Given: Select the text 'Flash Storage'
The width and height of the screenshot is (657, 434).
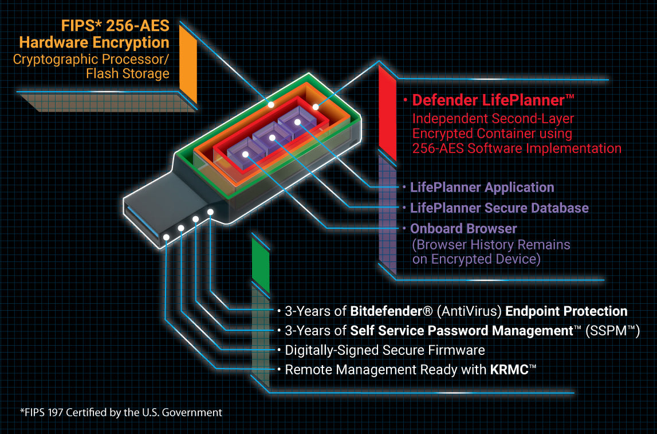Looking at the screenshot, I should (128, 74).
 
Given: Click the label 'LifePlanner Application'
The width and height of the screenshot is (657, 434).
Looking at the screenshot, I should (482, 187).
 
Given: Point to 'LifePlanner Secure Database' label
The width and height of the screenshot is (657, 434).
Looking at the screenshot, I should (499, 208).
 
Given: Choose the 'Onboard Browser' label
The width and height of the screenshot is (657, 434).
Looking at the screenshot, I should (463, 228).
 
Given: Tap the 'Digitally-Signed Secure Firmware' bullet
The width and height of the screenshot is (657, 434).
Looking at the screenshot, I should (385, 350).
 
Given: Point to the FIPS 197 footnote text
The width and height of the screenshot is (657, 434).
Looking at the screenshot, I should (121, 412).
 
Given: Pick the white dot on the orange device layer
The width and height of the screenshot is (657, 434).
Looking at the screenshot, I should (315, 107).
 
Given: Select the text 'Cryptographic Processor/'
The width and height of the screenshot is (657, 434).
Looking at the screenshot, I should (91, 58).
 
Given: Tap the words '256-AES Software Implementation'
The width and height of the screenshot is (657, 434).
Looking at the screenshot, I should (517, 148).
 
